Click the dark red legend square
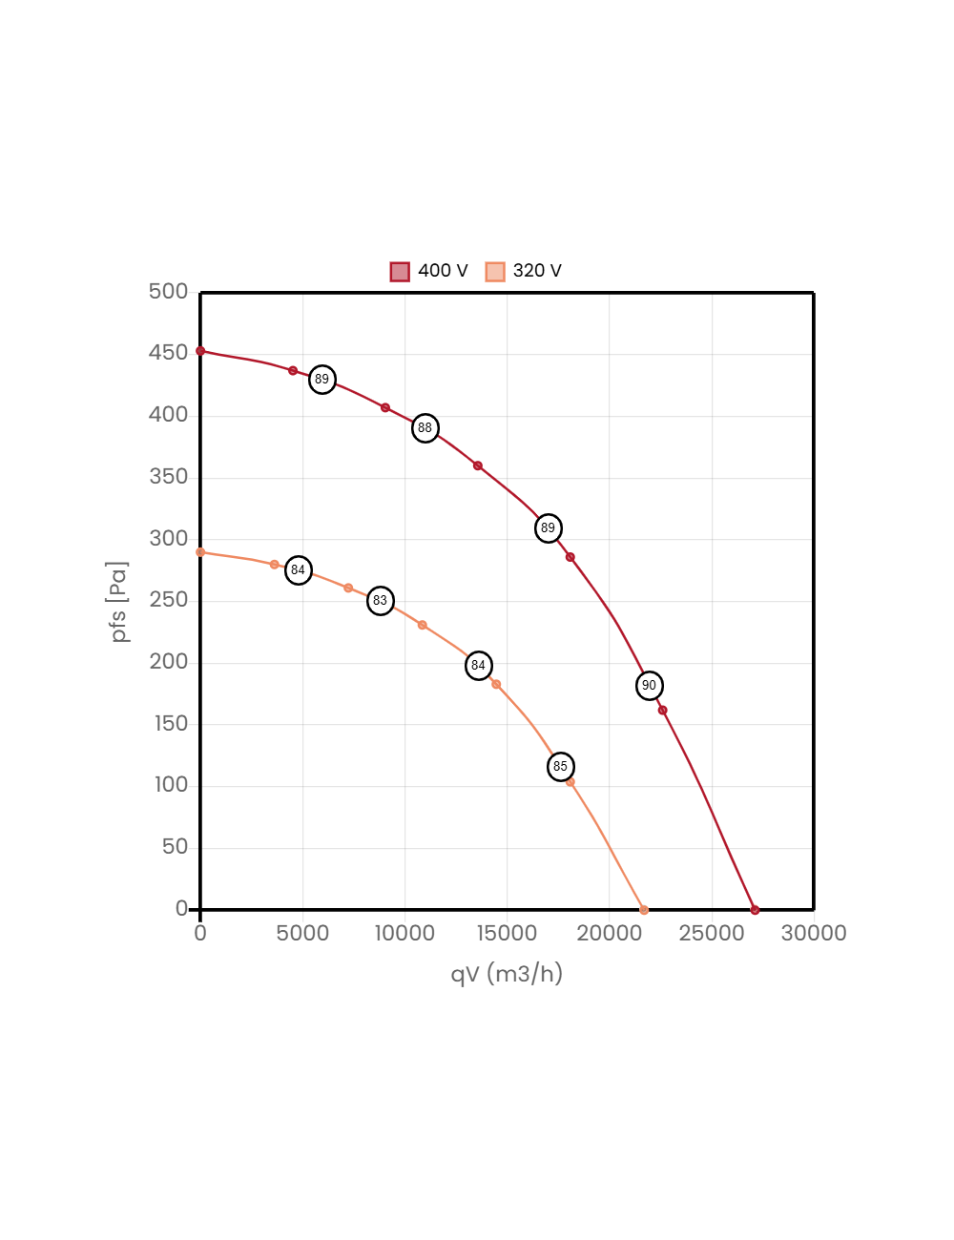coord(400,272)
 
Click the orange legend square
coord(495,272)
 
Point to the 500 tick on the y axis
coord(168,291)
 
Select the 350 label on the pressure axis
coord(168,476)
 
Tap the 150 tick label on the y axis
coord(171,723)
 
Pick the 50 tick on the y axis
coord(175,846)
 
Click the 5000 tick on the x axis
coord(302,933)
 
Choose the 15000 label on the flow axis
coord(507,933)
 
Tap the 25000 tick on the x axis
coord(711,933)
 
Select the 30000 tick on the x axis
coord(813,933)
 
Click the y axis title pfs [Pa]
coord(118,601)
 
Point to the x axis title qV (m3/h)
coord(507,974)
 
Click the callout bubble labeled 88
coord(425,428)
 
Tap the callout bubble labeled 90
coord(650,686)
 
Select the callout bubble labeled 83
coord(381,601)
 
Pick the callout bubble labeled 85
coord(561,767)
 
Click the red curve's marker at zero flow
coord(200,351)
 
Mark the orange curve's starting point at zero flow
coord(200,552)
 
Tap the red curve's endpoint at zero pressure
coord(755,909)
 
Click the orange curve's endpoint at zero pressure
coord(644,910)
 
